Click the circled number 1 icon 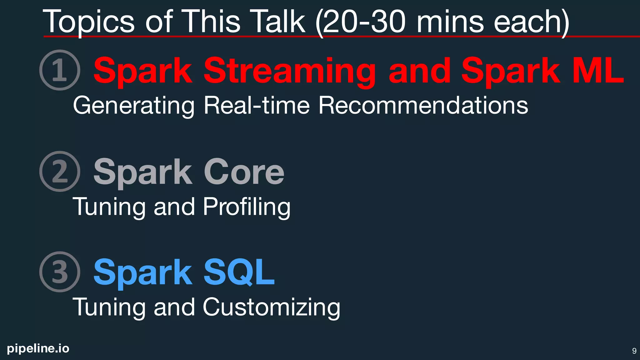coord(60,70)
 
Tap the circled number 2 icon coord(60,171)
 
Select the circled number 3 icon coord(60,272)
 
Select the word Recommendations coord(423,105)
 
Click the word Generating coord(134,106)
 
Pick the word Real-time coord(257,105)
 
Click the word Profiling coord(247,207)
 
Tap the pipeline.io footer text coord(38,348)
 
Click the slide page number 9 coord(634,351)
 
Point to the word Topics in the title coord(88,22)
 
